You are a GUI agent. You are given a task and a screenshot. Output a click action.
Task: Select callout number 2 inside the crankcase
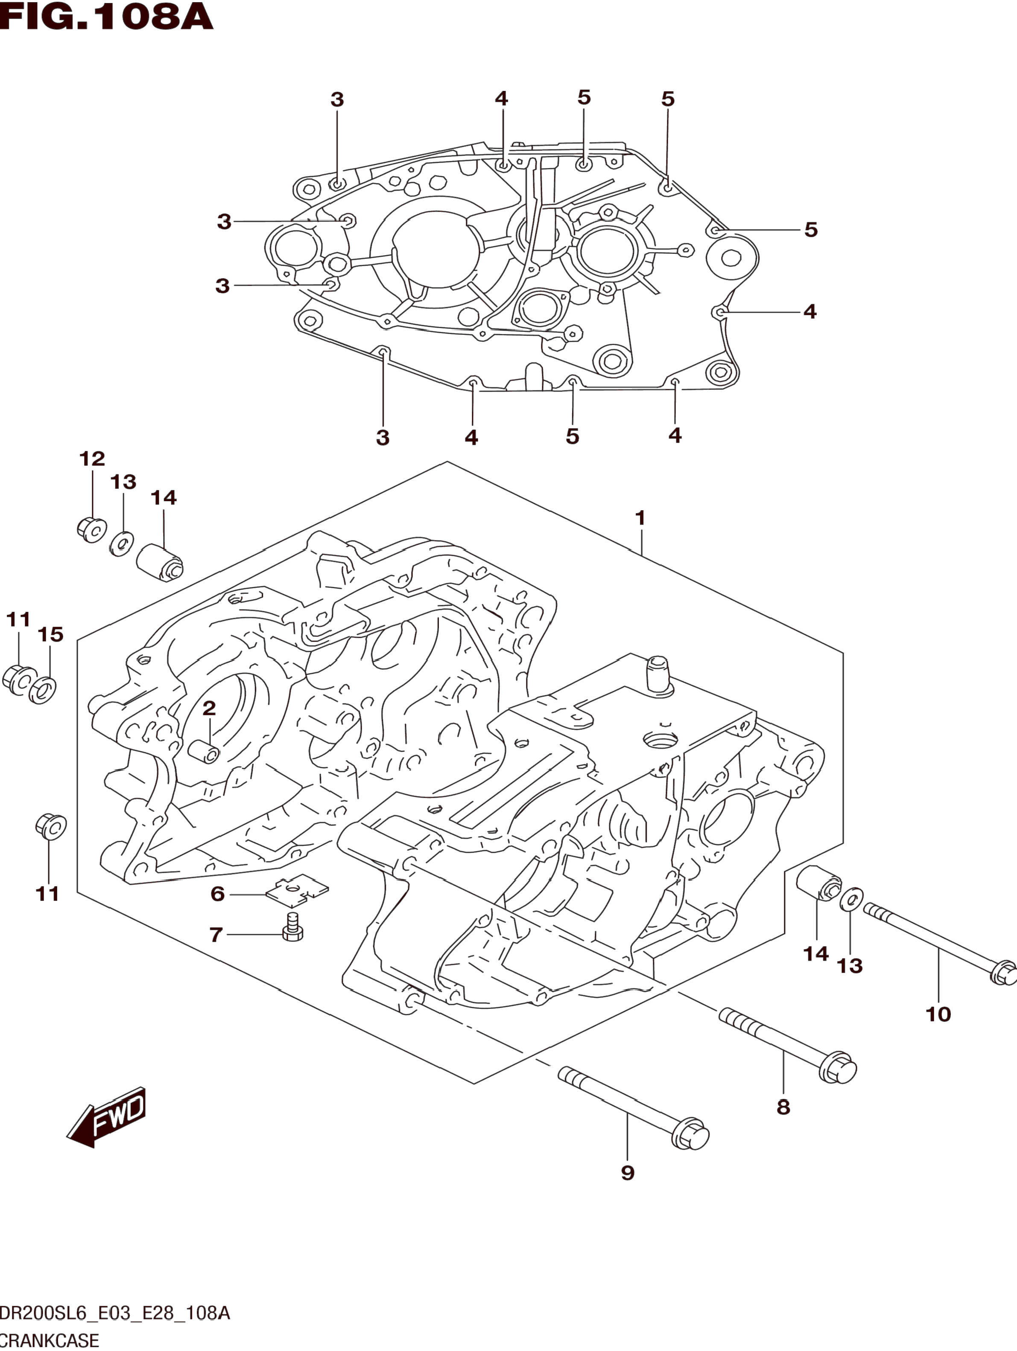(209, 709)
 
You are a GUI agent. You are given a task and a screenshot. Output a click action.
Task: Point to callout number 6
(218, 894)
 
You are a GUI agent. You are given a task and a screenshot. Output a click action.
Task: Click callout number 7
(216, 935)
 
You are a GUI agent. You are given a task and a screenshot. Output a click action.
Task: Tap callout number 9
(628, 1172)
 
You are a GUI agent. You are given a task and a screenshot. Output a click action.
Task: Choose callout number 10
(938, 1014)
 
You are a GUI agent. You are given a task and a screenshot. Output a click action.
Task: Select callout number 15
(51, 635)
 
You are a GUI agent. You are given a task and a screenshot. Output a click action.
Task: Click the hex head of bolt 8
(839, 1068)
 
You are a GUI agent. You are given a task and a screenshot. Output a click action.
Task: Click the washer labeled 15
(43, 689)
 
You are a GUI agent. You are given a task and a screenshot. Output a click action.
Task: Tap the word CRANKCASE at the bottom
(49, 1341)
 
